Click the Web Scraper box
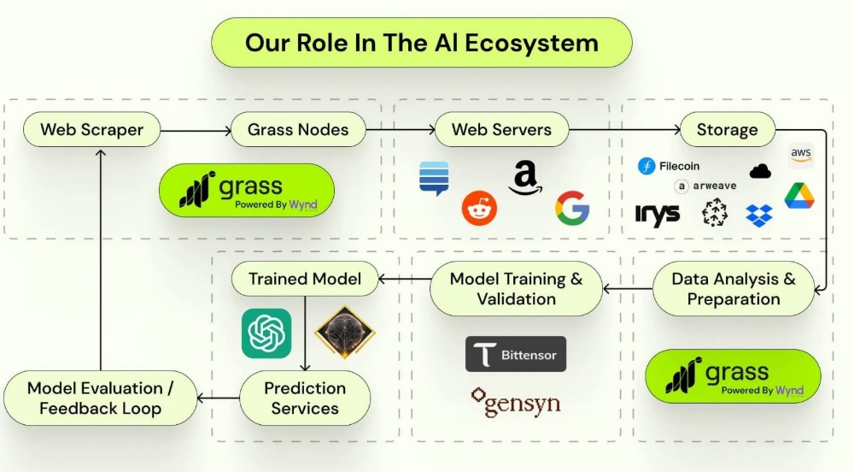pyautogui.click(x=91, y=130)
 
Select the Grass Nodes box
pyautogui.click(x=298, y=130)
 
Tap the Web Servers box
pyautogui.click(x=501, y=130)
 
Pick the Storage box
pyautogui.click(x=727, y=130)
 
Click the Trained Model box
pyautogui.click(x=305, y=279)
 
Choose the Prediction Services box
pyautogui.click(x=305, y=398)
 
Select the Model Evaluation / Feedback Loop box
pyautogui.click(x=100, y=398)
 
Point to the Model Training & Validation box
pyautogui.click(x=517, y=289)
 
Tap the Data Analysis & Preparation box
pyautogui.click(x=734, y=289)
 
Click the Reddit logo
pyautogui.click(x=479, y=208)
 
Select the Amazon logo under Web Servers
pyautogui.click(x=525, y=178)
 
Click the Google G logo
pyautogui.click(x=572, y=208)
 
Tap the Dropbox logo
pyautogui.click(x=759, y=215)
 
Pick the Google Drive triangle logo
pyautogui.click(x=799, y=196)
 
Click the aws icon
pyautogui.click(x=801, y=156)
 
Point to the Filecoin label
pyautogui.click(x=669, y=166)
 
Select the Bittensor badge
pyautogui.click(x=516, y=354)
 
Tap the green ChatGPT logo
pyautogui.click(x=266, y=333)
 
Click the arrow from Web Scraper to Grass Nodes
pyautogui.click(x=196, y=131)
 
